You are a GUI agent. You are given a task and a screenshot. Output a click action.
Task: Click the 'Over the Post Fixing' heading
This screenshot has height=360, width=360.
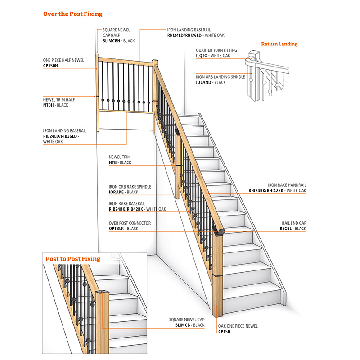(x=72, y=14)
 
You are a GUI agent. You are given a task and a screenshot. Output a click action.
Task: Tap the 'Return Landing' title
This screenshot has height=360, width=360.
(x=279, y=44)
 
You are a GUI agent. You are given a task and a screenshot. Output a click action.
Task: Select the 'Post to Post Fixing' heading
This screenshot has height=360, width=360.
(x=72, y=259)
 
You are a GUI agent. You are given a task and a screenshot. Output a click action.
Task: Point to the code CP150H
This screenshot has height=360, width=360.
(x=51, y=66)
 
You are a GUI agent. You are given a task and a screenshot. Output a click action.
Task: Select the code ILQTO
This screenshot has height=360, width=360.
(x=202, y=56)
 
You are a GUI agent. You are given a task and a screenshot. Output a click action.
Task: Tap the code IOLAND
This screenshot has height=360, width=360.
(x=205, y=82)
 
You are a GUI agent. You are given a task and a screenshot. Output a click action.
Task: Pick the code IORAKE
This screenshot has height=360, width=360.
(x=116, y=192)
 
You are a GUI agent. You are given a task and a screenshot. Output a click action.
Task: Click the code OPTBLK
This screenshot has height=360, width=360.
(x=117, y=229)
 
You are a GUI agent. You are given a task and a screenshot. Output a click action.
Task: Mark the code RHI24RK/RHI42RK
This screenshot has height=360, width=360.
(x=266, y=191)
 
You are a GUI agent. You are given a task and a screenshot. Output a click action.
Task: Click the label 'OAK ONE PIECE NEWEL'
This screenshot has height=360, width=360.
(x=238, y=326)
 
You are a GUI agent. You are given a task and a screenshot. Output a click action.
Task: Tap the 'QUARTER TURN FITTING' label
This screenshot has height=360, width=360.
(x=216, y=50)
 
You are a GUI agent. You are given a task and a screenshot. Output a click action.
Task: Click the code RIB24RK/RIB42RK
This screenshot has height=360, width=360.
(x=125, y=209)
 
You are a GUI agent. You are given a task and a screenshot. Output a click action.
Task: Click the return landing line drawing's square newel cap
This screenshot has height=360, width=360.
(x=254, y=54)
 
